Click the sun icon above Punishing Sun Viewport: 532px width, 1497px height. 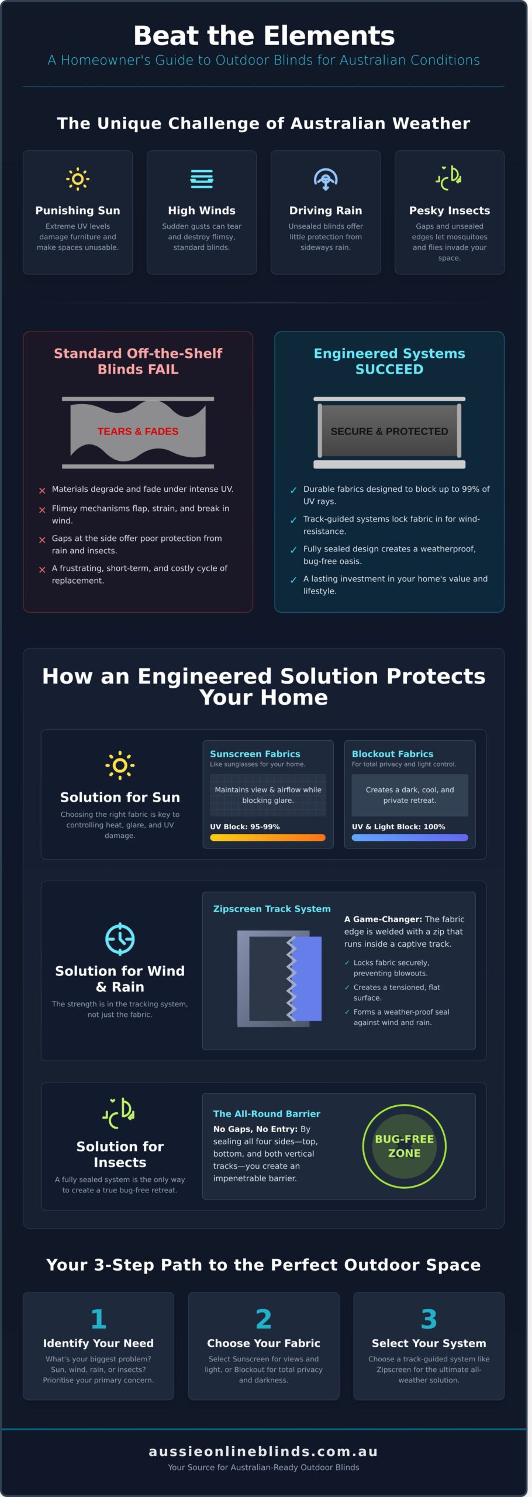78,179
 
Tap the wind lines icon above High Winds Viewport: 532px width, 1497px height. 202,179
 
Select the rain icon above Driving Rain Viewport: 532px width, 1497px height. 326,179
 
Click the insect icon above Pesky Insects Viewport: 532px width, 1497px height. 449,178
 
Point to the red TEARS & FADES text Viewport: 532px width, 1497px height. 138,432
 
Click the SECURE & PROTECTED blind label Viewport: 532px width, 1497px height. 389,432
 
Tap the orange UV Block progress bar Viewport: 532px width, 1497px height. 268,837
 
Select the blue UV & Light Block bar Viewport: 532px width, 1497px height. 410,837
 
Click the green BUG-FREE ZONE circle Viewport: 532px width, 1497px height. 405,1146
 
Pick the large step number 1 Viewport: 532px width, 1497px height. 98,1319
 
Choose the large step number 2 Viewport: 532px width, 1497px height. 264,1319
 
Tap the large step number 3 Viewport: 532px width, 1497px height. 429,1319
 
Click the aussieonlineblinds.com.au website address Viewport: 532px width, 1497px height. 264,1451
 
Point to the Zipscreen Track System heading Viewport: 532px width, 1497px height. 272,909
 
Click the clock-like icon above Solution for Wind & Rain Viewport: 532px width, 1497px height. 120,939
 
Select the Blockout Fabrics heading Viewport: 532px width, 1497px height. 392,754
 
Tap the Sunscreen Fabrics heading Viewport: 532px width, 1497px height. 255,754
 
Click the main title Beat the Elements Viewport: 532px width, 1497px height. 264,36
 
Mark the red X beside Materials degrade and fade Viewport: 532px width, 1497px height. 42,491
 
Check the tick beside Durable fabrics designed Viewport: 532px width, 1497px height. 293,491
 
